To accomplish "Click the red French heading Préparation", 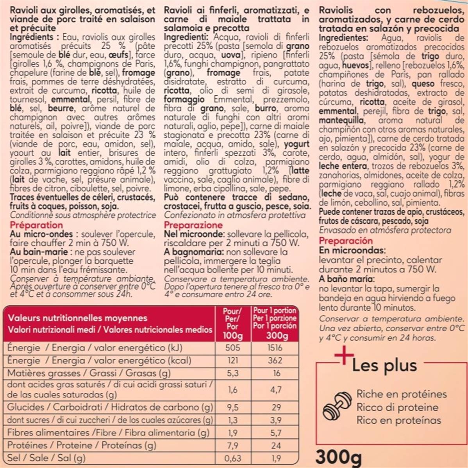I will [36, 225].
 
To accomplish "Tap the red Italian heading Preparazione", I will [193, 225].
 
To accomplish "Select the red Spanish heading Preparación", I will [346, 241].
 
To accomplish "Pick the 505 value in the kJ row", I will [232, 348].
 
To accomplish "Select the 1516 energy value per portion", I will [275, 348].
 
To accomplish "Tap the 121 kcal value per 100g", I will [232, 360].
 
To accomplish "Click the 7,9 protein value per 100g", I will [232, 445].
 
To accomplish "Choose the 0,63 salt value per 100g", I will [232, 458].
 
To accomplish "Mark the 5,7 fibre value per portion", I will [275, 432].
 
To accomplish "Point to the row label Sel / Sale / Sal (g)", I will [46, 458].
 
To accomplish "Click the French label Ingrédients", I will [34, 37].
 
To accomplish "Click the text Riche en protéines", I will [401, 394].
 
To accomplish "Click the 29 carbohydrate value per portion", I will [276, 407].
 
